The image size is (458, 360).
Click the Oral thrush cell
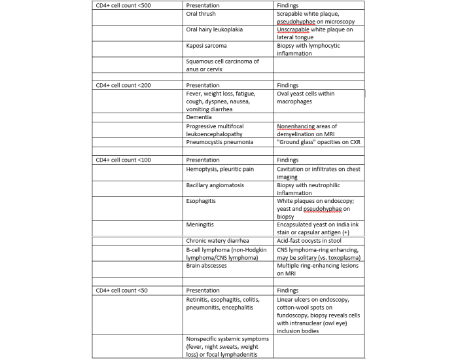201,14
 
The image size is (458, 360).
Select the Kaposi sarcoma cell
208,46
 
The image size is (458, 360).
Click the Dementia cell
199,117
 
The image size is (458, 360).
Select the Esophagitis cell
202,202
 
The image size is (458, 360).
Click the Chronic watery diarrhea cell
218,241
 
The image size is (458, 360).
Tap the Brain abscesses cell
208,265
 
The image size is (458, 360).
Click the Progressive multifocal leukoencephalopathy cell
219,129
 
